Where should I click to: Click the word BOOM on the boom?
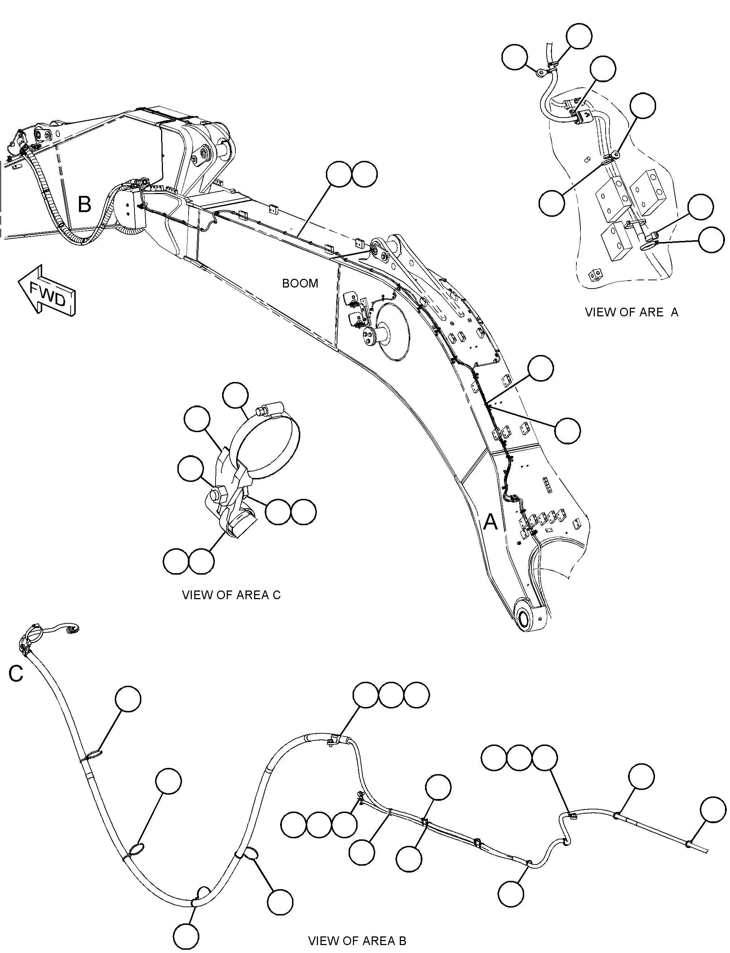tap(300, 284)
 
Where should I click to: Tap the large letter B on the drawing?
tap(84, 204)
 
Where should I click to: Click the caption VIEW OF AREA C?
tap(231, 595)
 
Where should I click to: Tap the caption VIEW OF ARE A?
tap(631, 312)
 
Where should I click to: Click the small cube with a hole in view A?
tap(596, 275)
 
